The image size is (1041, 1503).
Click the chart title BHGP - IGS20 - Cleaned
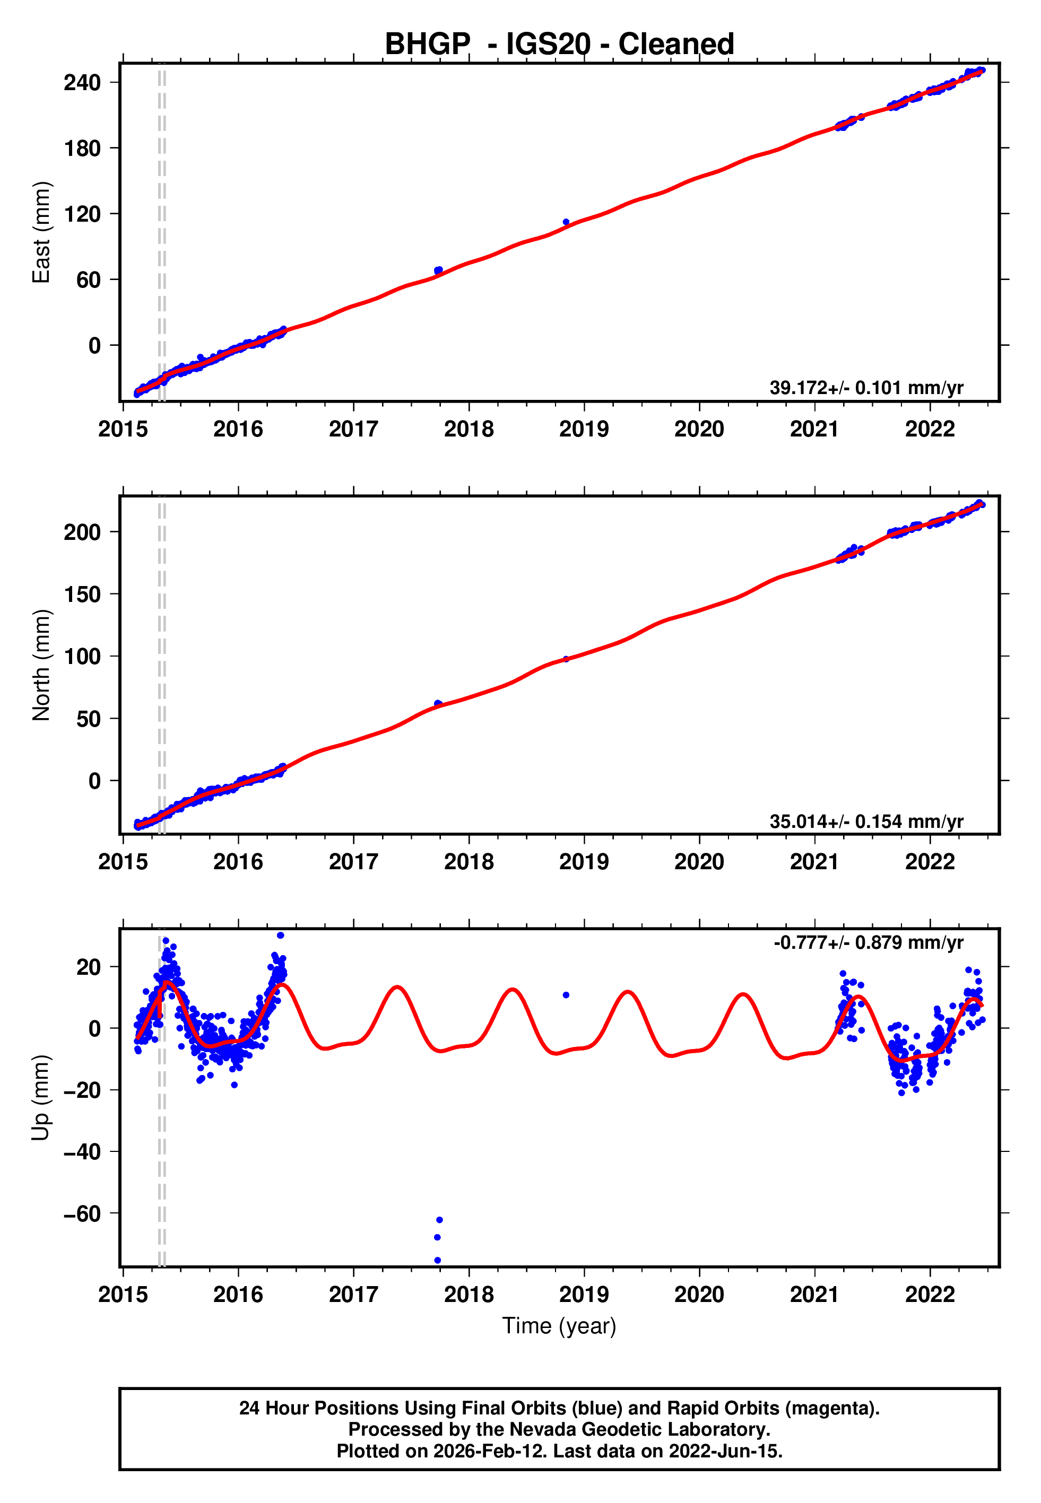[559, 45]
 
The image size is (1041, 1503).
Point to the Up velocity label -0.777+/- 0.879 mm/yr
[867, 942]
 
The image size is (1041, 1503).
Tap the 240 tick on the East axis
[82, 83]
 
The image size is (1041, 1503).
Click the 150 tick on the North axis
[82, 594]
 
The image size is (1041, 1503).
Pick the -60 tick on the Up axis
[82, 1213]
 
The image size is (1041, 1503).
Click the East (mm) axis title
[41, 232]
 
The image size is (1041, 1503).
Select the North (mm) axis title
[41, 665]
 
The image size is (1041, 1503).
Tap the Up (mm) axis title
[41, 1098]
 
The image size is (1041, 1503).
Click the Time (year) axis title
[559, 1326]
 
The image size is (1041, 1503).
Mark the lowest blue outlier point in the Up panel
[437, 1261]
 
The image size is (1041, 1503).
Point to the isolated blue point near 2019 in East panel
[566, 222]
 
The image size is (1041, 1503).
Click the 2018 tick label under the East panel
[469, 429]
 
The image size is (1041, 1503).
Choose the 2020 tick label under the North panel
[699, 862]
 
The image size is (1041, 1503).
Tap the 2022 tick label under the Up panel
[930, 1295]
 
